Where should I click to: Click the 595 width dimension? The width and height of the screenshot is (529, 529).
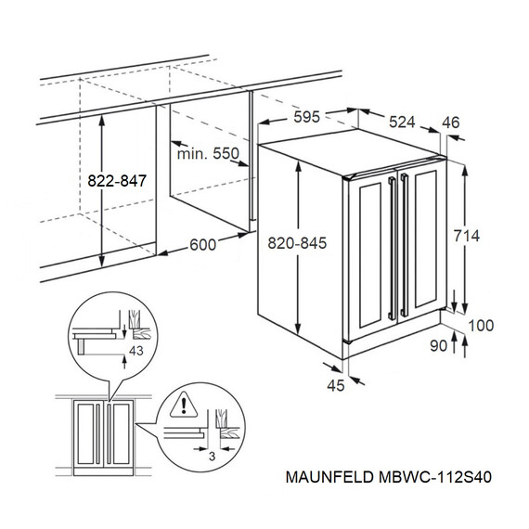click(x=306, y=117)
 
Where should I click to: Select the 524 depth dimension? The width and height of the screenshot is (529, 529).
click(x=402, y=122)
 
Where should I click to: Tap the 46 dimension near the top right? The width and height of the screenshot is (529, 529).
click(x=451, y=123)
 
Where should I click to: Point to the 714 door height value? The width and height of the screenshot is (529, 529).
click(x=466, y=236)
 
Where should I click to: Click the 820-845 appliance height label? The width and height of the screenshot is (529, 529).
click(x=297, y=243)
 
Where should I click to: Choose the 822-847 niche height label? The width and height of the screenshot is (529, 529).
click(x=117, y=181)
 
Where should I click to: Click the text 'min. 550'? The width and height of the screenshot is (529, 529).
click(x=208, y=154)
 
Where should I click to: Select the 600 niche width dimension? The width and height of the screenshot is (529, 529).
click(x=202, y=245)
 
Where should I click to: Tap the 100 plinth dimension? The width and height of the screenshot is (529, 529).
click(x=481, y=326)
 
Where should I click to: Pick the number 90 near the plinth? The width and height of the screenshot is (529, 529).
click(x=439, y=346)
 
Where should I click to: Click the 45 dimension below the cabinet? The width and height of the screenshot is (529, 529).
click(x=336, y=386)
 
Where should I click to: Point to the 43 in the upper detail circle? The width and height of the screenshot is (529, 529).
click(x=136, y=351)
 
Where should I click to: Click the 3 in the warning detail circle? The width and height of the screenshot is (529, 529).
click(x=212, y=457)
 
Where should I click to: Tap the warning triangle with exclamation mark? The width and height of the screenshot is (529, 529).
click(x=184, y=405)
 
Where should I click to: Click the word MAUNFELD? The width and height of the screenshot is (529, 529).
click(x=329, y=477)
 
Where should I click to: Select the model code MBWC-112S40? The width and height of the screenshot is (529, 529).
click(x=435, y=477)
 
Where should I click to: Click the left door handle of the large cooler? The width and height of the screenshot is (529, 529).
click(x=393, y=249)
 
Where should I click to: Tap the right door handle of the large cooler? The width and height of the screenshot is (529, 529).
click(x=404, y=245)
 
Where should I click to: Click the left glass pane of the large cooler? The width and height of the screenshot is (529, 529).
click(x=370, y=255)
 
